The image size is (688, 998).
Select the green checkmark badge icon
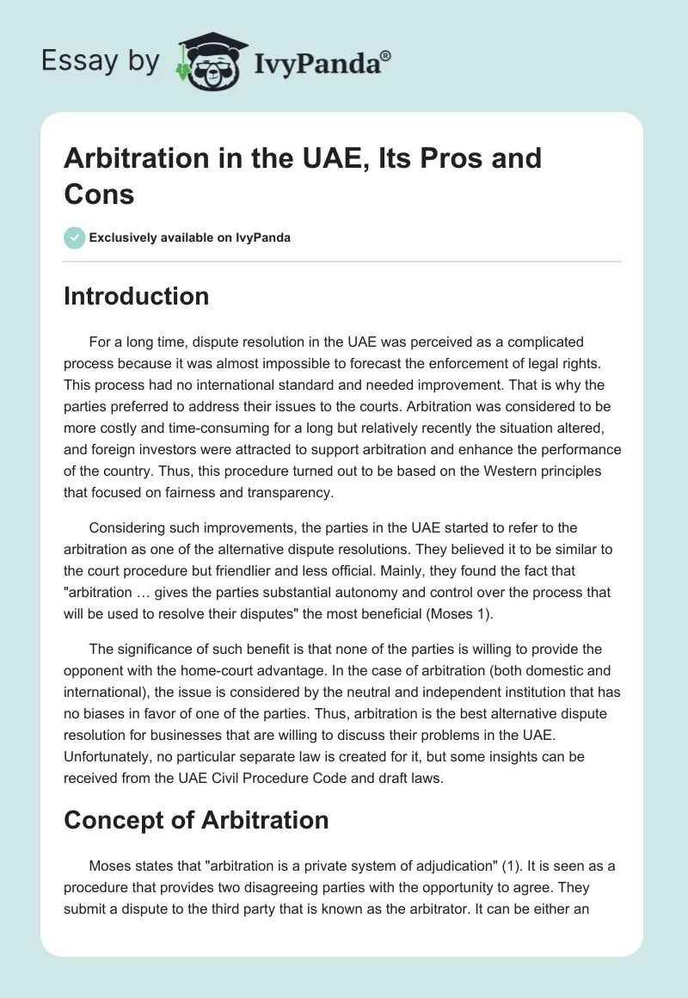tap(75, 237)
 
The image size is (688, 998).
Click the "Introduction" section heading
tap(136, 296)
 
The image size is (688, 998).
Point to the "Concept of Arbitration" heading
tap(196, 820)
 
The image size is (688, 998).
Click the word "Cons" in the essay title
tap(99, 194)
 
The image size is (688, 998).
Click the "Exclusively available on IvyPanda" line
tap(190, 237)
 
